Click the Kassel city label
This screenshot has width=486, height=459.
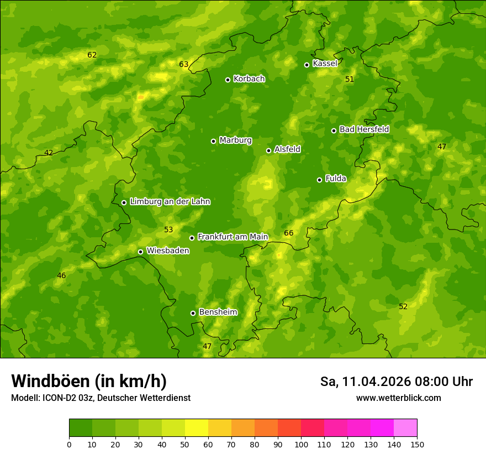click(325, 64)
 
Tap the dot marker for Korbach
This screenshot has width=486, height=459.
click(228, 80)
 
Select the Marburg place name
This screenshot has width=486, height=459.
click(235, 140)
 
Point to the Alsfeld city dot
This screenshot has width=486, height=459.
click(269, 150)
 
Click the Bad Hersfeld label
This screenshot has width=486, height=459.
click(364, 129)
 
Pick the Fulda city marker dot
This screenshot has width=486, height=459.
click(320, 180)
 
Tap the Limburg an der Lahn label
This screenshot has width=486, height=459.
click(170, 202)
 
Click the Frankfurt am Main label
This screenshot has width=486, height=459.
click(233, 237)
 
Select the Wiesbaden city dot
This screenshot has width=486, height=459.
click(141, 252)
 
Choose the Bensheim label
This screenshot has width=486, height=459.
click(218, 312)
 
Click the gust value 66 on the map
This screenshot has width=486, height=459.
click(289, 233)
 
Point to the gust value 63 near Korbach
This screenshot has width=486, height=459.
click(184, 65)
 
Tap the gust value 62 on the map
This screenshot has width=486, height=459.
click(92, 55)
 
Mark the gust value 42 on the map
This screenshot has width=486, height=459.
click(49, 153)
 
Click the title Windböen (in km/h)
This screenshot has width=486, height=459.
click(89, 381)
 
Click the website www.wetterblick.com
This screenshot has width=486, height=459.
click(398, 398)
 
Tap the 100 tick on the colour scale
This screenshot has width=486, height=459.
click(301, 444)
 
